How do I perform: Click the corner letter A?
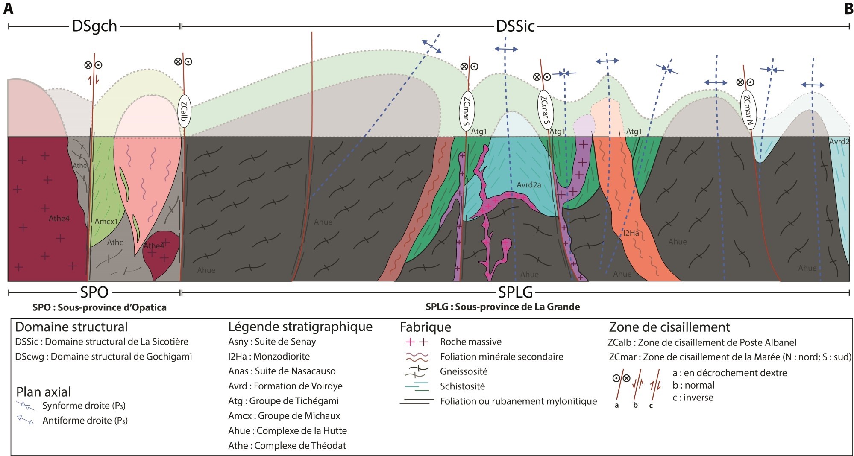8,9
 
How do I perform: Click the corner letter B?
848,9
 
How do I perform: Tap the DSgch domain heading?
94,26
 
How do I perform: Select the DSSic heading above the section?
515,26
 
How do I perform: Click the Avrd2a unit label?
528,185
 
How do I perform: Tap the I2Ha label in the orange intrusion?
631,233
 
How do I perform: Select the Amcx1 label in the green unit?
106,222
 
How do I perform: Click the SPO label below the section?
94,292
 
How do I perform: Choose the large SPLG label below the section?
515,292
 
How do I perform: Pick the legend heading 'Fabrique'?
425,327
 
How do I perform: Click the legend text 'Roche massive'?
470,342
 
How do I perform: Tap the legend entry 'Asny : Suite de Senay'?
272,342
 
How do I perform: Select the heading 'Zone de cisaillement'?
669,327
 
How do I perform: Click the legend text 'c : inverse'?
693,398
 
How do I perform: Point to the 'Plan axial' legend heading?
43,392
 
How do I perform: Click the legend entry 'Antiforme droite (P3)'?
85,421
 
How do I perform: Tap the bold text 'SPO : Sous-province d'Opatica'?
99,307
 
